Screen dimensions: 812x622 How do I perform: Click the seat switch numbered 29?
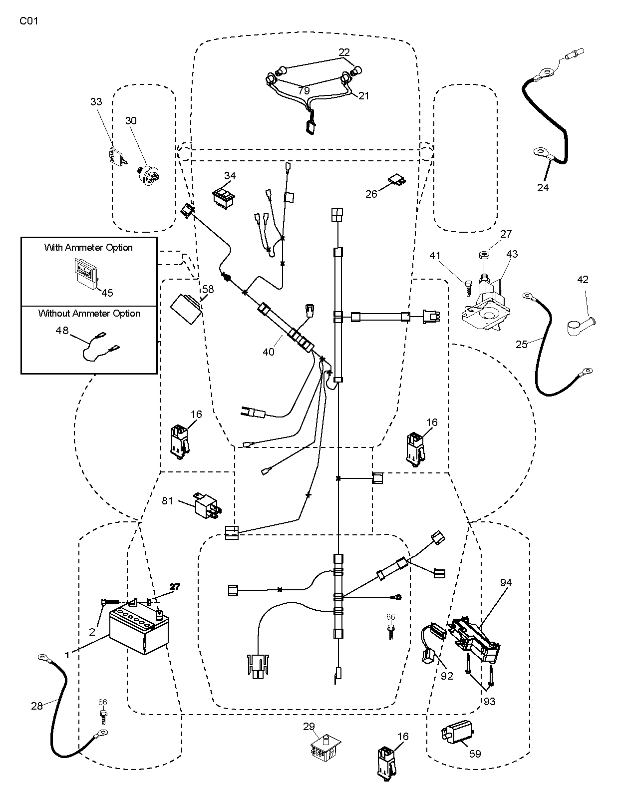pos(324,748)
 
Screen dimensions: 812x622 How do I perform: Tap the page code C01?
pos(29,21)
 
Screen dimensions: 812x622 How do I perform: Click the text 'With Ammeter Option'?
pos(88,248)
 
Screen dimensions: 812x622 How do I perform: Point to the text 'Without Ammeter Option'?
pos(89,314)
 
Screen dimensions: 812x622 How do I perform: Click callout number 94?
pos(506,582)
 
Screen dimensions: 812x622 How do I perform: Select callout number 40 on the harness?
pos(269,352)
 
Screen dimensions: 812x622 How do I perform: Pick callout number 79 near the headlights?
pos(304,91)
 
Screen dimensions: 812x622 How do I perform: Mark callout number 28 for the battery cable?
pos(37,706)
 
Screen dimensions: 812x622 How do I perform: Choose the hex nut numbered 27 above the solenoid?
pos(482,255)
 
